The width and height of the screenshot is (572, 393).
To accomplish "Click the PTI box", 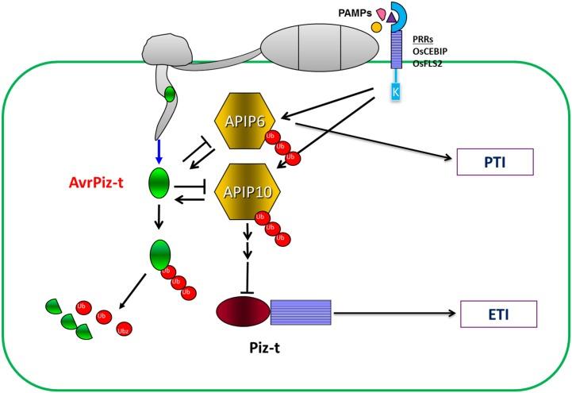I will click(x=494, y=164).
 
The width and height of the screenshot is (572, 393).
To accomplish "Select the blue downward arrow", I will click(x=159, y=149).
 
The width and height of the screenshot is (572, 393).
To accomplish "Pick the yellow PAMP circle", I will click(x=376, y=27).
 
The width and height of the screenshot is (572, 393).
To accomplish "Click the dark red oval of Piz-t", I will click(x=242, y=312).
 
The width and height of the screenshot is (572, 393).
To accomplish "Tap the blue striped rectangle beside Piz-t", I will click(x=301, y=312).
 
